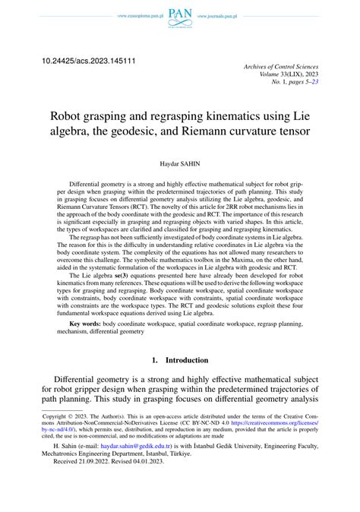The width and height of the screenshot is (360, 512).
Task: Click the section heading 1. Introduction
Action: coord(180,359)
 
